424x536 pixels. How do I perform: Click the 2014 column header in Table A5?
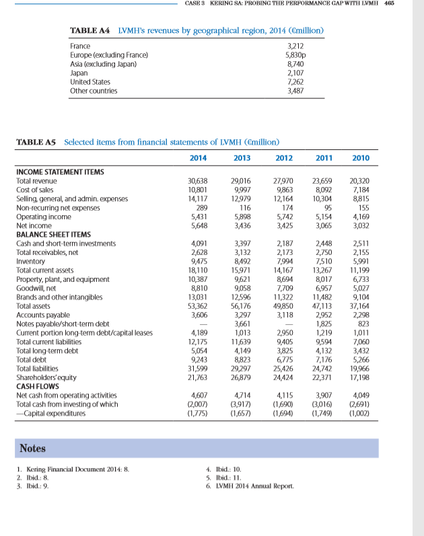point(198,158)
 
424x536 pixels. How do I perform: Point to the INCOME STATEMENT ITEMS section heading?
point(60,172)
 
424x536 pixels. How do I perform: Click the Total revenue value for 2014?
point(198,182)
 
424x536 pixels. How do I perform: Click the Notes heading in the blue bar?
point(33,447)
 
